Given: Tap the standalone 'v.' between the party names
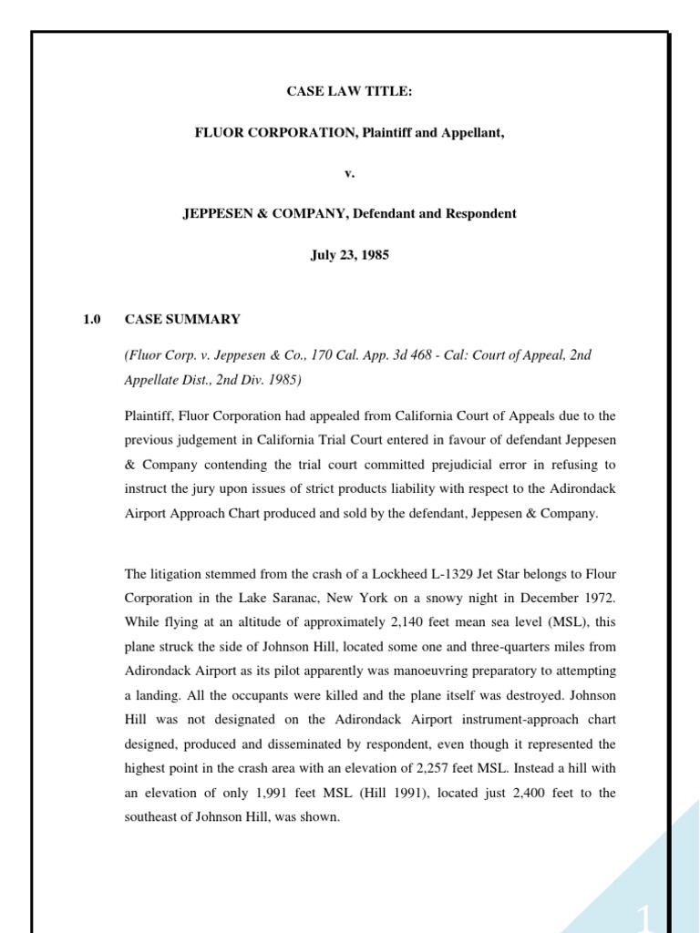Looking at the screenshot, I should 350,173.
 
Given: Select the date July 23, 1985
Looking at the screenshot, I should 350,255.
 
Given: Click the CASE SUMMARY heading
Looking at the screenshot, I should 182,319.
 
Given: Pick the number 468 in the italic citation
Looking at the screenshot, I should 379,355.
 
